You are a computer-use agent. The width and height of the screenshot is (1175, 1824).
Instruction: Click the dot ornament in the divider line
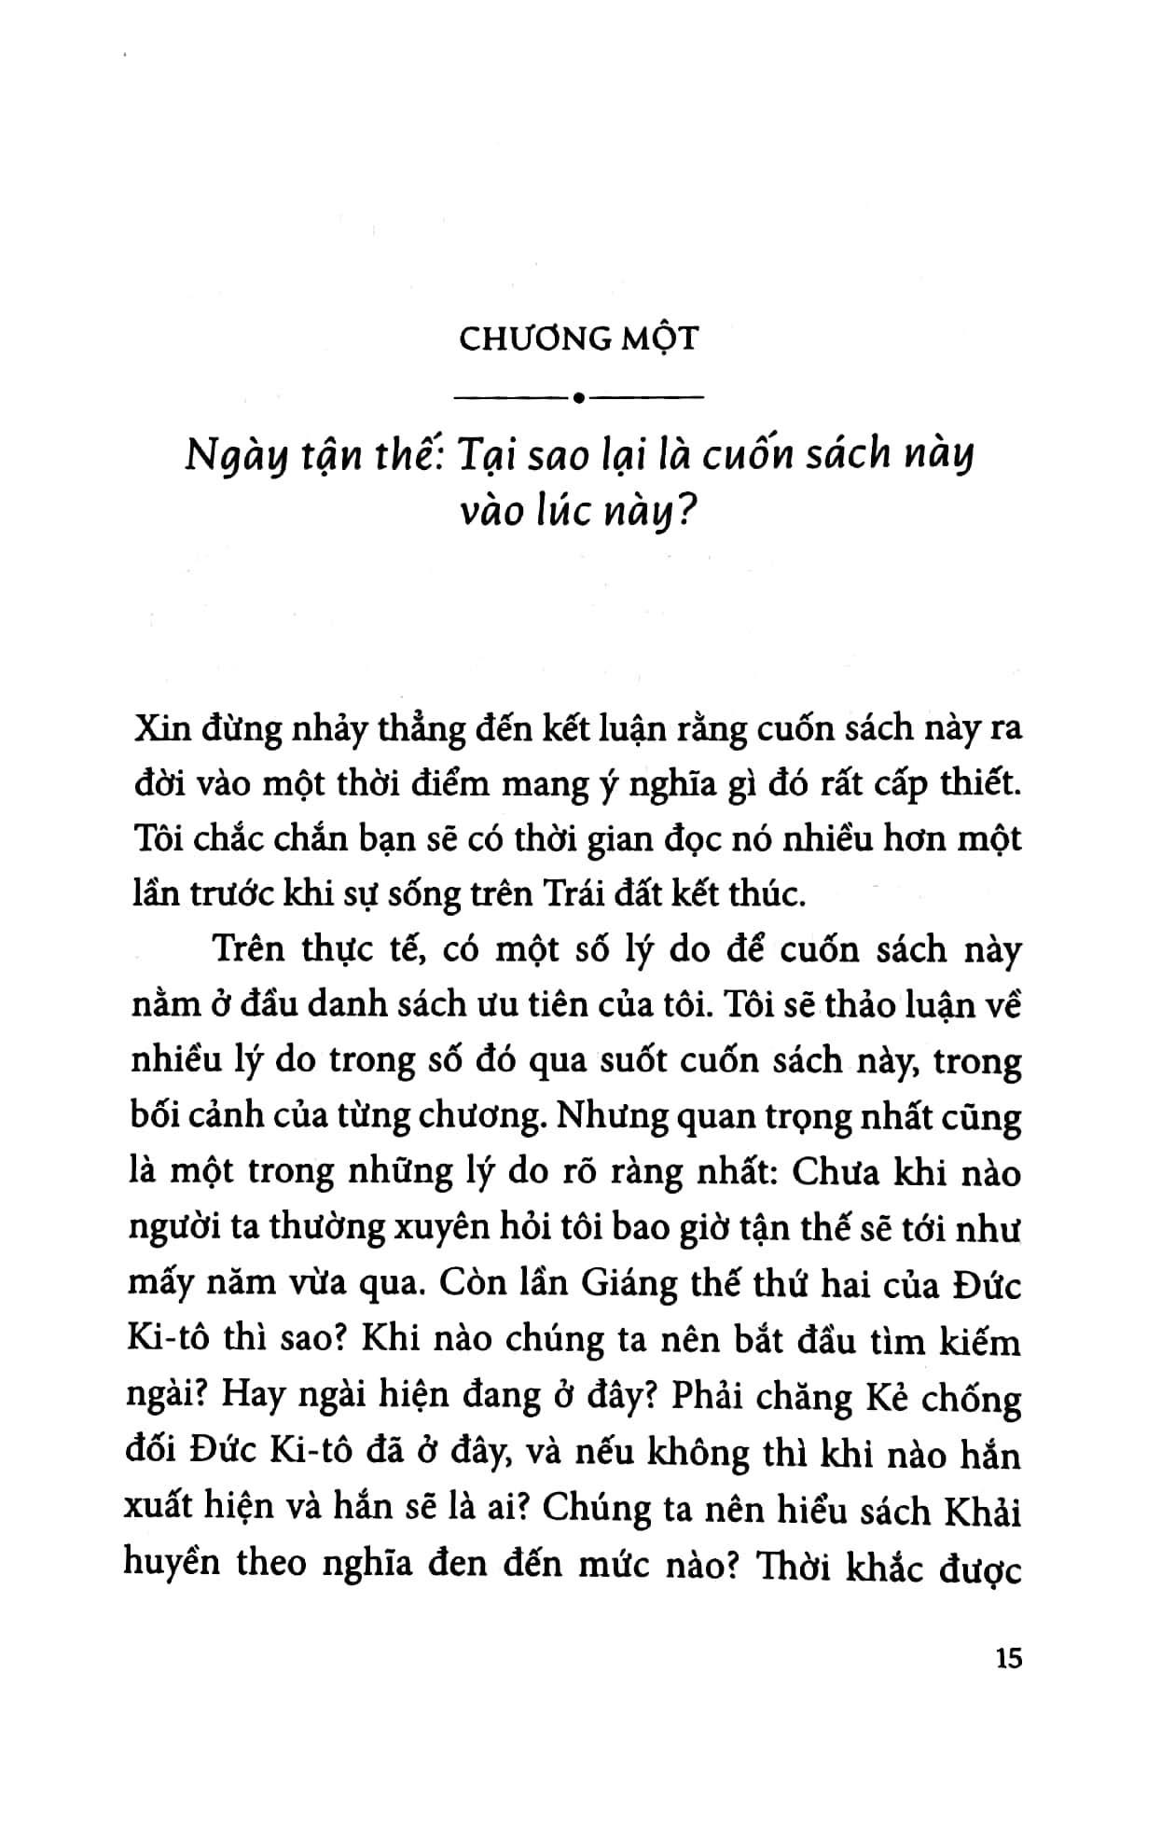579,399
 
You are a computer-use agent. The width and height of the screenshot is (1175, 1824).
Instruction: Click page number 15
1008,1686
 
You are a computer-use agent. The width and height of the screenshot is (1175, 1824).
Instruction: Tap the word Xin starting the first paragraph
158,728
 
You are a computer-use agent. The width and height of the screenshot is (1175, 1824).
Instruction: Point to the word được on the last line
978,1568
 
